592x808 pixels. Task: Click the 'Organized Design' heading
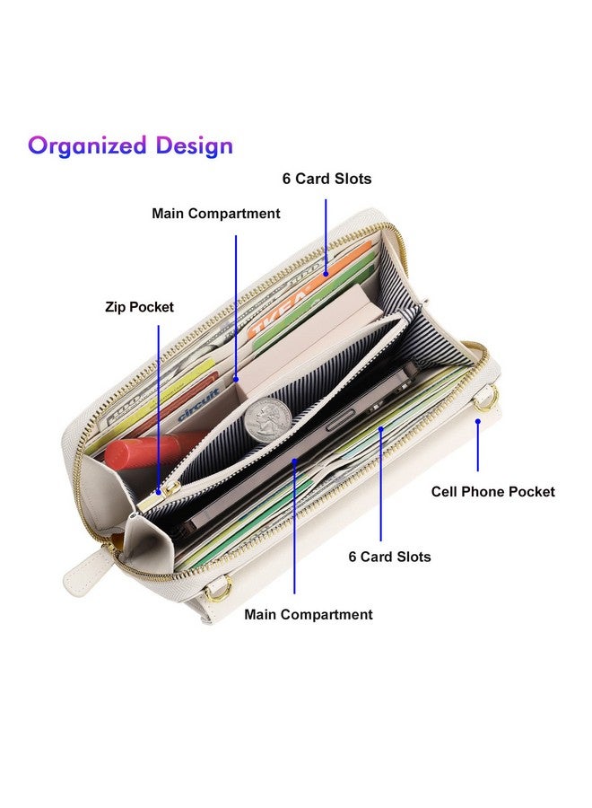click(130, 145)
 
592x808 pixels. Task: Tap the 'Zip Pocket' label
click(140, 307)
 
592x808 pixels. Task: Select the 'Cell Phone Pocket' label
click(492, 492)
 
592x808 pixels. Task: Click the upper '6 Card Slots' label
click(326, 179)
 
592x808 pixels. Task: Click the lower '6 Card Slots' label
click(389, 557)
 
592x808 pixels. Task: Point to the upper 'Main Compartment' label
click(215, 214)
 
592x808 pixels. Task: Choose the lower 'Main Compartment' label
click(309, 614)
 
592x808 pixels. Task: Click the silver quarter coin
click(267, 419)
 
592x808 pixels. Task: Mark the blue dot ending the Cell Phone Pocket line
click(478, 422)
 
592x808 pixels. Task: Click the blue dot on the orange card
click(326, 275)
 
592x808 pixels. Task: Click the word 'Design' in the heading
click(194, 145)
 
